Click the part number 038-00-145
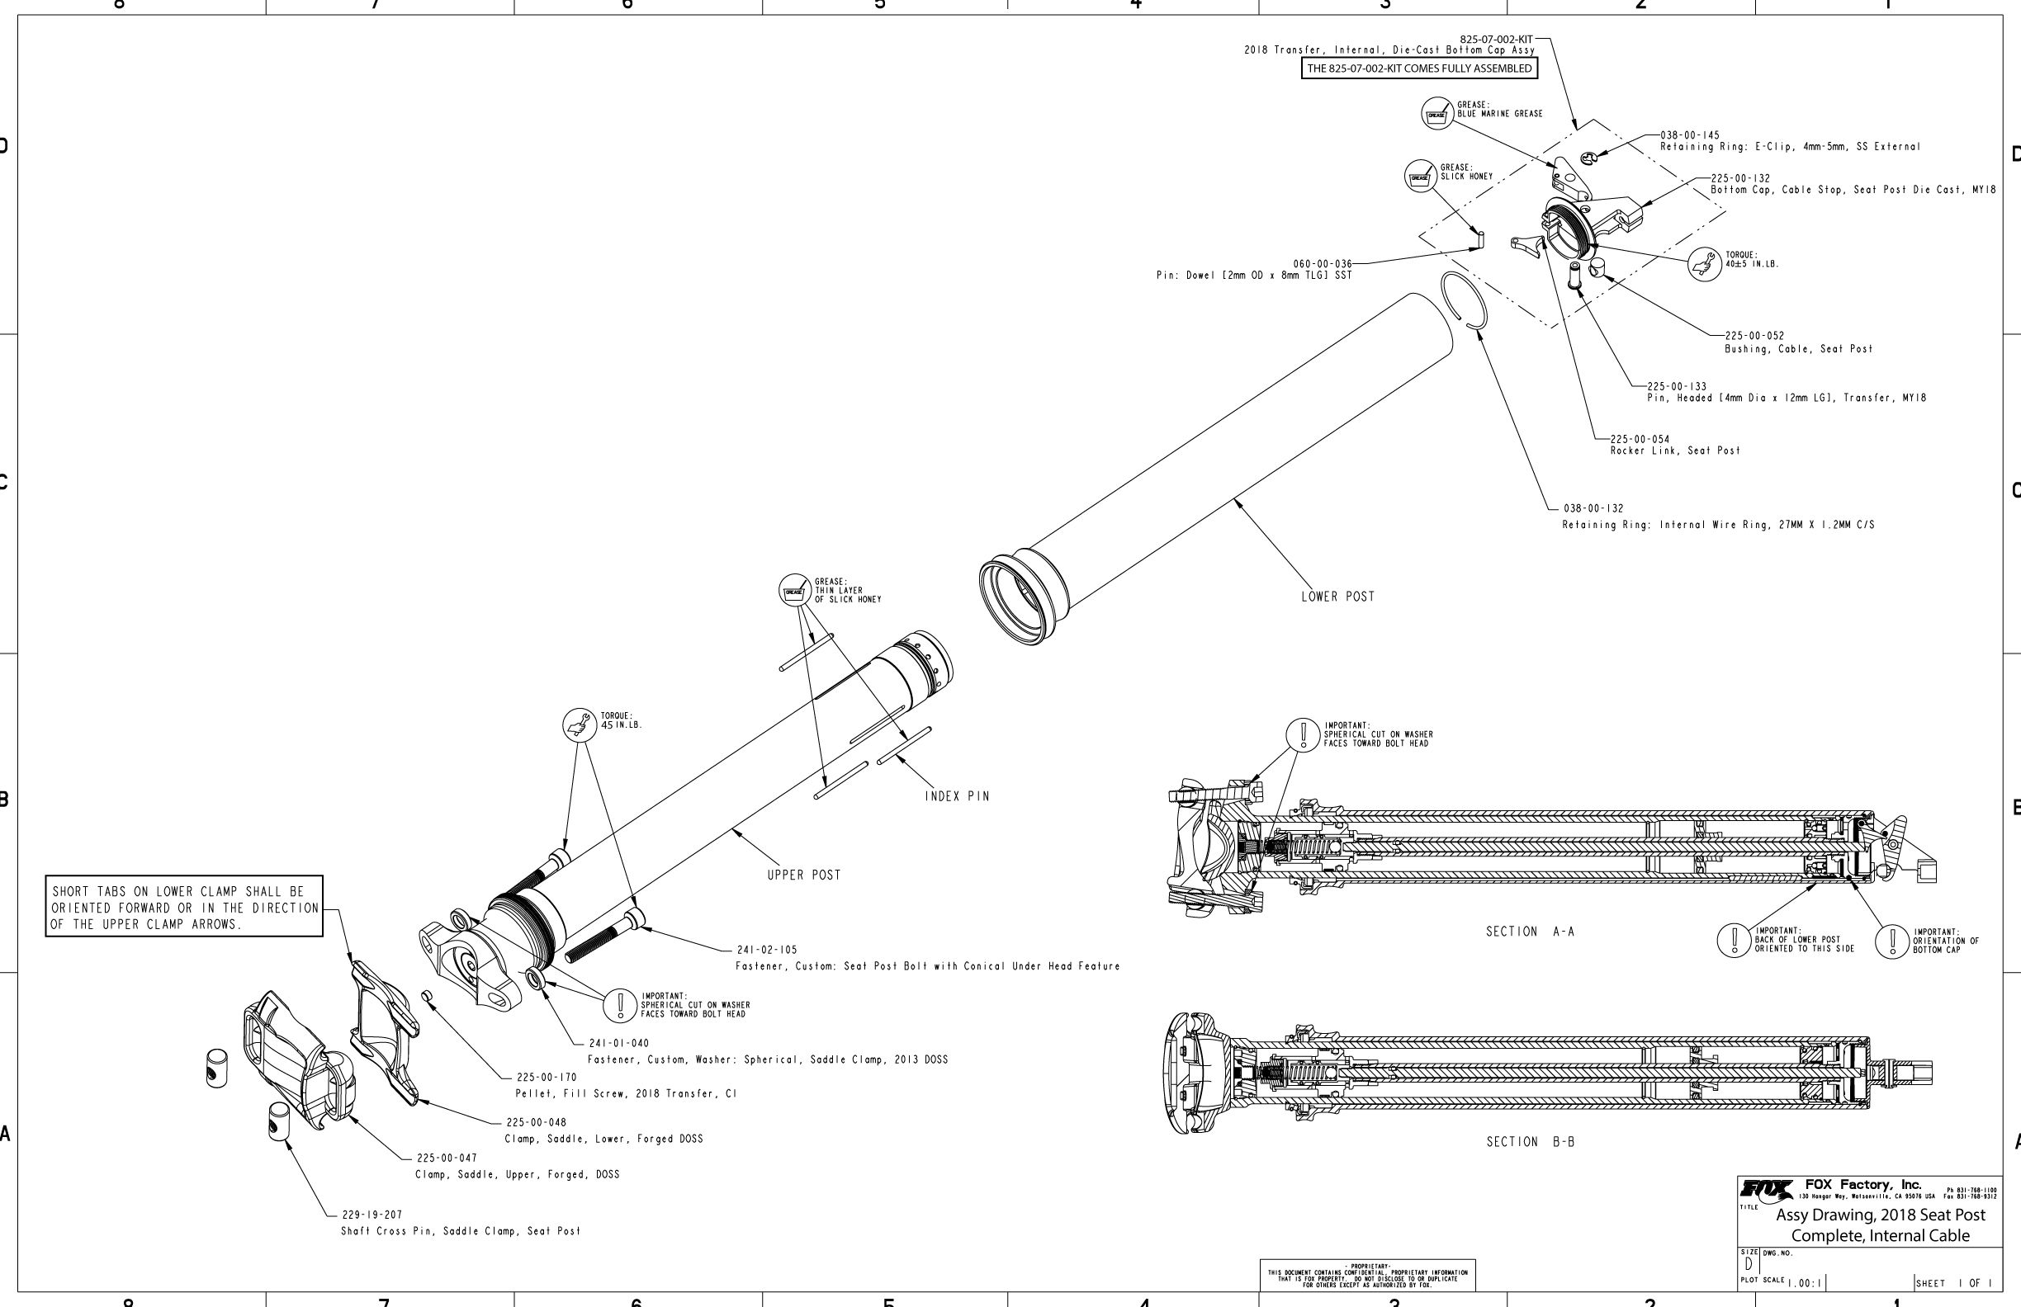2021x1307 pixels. click(1690, 136)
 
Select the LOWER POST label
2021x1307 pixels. click(1337, 597)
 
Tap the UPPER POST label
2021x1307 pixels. click(803, 875)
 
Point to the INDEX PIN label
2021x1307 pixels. click(957, 797)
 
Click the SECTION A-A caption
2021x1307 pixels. click(1529, 932)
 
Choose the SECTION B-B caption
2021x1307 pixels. click(1529, 1142)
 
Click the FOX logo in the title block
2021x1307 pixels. click(1766, 1189)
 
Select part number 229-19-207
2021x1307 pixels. click(372, 1215)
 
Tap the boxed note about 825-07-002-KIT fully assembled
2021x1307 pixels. click(1419, 68)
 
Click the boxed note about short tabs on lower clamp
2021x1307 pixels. click(184, 908)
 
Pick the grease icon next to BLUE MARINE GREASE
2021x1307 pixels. click(1436, 114)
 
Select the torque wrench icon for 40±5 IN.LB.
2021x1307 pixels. click(1703, 264)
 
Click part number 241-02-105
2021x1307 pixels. click(766, 951)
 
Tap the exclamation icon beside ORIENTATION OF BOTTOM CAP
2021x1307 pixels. click(1892, 941)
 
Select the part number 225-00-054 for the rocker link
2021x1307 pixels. click(1640, 440)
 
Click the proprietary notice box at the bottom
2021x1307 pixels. click(1367, 1274)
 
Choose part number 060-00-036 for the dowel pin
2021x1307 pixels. click(1322, 264)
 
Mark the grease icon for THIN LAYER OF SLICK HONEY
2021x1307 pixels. click(794, 590)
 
